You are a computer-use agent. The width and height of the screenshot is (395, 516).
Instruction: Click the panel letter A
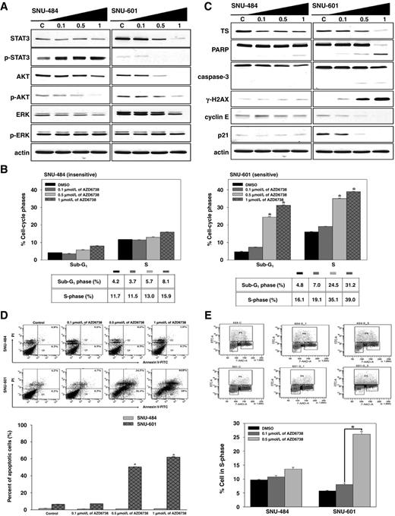5,6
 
